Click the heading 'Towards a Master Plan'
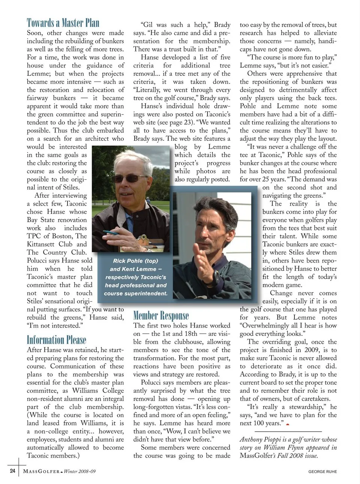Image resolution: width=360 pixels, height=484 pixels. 63,23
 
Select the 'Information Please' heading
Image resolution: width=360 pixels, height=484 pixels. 57,340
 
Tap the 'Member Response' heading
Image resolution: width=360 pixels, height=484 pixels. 161,316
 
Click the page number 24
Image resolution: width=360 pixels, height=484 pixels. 12,471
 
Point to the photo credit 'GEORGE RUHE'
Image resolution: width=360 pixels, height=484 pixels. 322,472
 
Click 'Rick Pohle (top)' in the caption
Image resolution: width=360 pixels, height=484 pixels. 135,261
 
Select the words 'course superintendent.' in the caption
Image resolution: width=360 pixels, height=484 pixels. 135,293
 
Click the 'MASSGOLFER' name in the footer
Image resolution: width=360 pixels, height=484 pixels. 41,471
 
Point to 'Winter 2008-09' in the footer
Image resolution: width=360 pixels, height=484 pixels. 80,471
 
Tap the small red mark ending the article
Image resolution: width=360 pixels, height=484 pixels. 288,424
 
